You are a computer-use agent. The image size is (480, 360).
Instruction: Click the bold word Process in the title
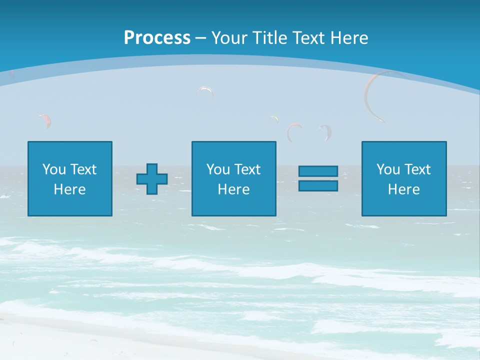[x=157, y=38]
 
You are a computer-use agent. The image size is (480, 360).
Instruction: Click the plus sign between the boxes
[x=152, y=179]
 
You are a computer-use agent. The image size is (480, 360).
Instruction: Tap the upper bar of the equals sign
[x=318, y=171]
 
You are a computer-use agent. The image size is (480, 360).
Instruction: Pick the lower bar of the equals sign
[x=318, y=185]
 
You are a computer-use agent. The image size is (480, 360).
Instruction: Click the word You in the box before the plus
[x=54, y=169]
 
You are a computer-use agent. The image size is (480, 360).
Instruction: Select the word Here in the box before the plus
[x=70, y=189]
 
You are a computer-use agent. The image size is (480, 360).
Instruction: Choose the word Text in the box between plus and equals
[x=247, y=169]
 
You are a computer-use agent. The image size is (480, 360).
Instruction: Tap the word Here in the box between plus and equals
[x=234, y=189]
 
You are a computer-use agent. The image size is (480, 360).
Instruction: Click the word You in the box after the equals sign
[x=388, y=169]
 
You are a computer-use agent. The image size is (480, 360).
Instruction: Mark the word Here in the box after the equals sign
[x=404, y=189]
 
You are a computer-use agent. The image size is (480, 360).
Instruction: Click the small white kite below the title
[x=205, y=90]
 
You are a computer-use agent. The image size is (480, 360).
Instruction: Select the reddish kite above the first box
[x=45, y=119]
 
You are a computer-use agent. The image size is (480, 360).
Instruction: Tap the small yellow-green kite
[x=273, y=118]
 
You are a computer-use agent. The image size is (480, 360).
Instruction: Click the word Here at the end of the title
[x=350, y=38]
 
